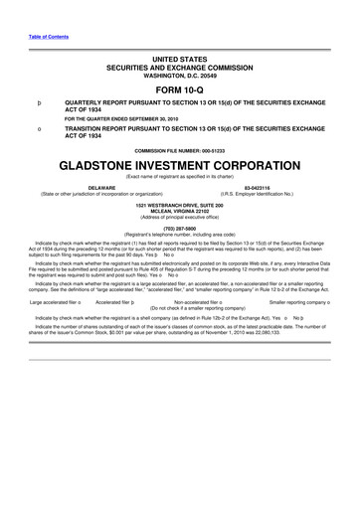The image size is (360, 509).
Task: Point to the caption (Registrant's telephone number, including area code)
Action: [180, 234]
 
